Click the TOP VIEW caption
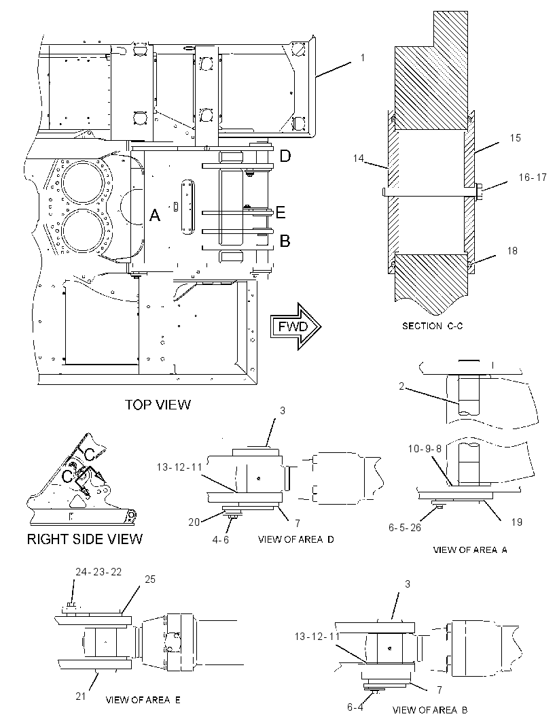pyautogui.click(x=158, y=405)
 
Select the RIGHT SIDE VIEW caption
pyautogui.click(x=85, y=539)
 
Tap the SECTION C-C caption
pyautogui.click(x=432, y=326)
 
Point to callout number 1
pyautogui.click(x=363, y=58)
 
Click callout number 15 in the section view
pyautogui.click(x=515, y=138)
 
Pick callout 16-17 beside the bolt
pyautogui.click(x=532, y=177)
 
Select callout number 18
pyautogui.click(x=512, y=250)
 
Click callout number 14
pyautogui.click(x=359, y=158)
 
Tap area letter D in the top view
pyautogui.click(x=285, y=156)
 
